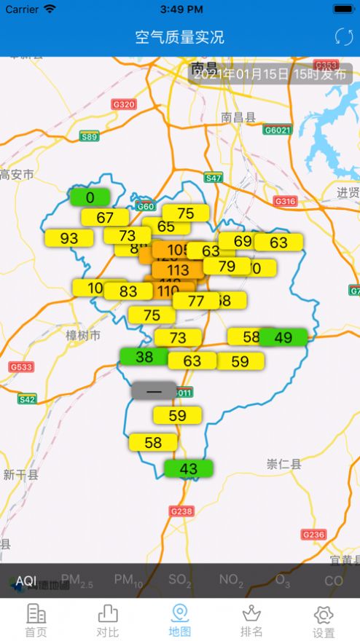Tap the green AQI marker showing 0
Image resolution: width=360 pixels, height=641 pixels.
coord(90,197)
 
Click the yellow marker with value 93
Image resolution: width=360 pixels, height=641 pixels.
coord(69,238)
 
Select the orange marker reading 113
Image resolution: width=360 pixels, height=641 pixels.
coord(178,270)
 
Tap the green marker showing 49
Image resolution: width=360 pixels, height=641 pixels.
coord(283,337)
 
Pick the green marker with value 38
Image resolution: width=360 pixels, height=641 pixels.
coord(144,356)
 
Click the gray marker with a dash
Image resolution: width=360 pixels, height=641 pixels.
coord(154,390)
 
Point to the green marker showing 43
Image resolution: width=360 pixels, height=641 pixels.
coord(188,469)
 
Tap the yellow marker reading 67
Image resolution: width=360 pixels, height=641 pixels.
coord(105,217)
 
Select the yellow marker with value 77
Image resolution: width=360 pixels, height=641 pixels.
coord(196,300)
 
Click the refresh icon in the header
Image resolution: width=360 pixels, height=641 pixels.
coord(343,36)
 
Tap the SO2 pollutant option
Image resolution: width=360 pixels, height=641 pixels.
coord(179,581)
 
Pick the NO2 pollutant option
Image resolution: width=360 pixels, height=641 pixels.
coord(231,581)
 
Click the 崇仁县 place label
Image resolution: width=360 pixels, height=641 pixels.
coord(284,464)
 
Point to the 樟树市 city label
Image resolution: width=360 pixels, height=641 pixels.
coord(83,335)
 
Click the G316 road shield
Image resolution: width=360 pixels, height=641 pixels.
coord(285,201)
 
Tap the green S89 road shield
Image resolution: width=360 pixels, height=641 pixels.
coord(89,137)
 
